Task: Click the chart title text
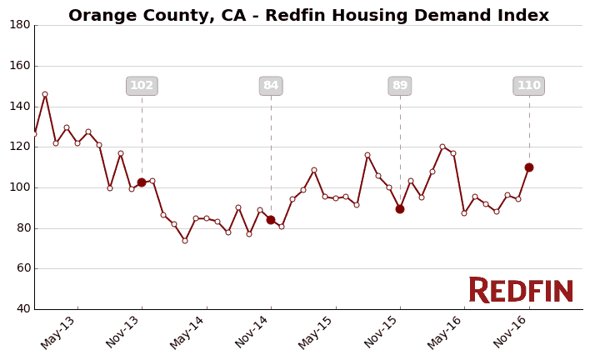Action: pyautogui.click(x=308, y=16)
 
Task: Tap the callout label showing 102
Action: pyautogui.click(x=142, y=86)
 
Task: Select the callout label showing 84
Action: pyautogui.click(x=271, y=86)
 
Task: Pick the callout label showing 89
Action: pyautogui.click(x=400, y=86)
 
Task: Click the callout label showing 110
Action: pyautogui.click(x=529, y=86)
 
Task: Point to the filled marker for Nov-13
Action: pyautogui.click(x=142, y=182)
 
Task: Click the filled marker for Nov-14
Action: pyautogui.click(x=271, y=220)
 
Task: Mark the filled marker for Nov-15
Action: pyautogui.click(x=400, y=209)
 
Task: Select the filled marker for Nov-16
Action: pyautogui.click(x=529, y=167)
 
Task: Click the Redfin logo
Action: pyautogui.click(x=521, y=290)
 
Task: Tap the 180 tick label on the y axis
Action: pyautogui.click(x=20, y=25)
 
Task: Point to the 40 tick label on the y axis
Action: pyautogui.click(x=23, y=309)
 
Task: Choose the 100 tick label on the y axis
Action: pyautogui.click(x=20, y=187)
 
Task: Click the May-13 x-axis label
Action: pyautogui.click(x=58, y=332)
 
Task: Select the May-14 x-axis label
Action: pyautogui.click(x=187, y=332)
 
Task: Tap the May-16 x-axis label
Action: pyautogui.click(x=446, y=332)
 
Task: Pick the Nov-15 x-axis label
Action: pyautogui.click(x=381, y=332)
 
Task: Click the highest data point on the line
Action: pyautogui.click(x=45, y=94)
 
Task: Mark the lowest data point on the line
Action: pyautogui.click(x=185, y=241)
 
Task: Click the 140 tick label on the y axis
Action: pyautogui.click(x=20, y=107)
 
